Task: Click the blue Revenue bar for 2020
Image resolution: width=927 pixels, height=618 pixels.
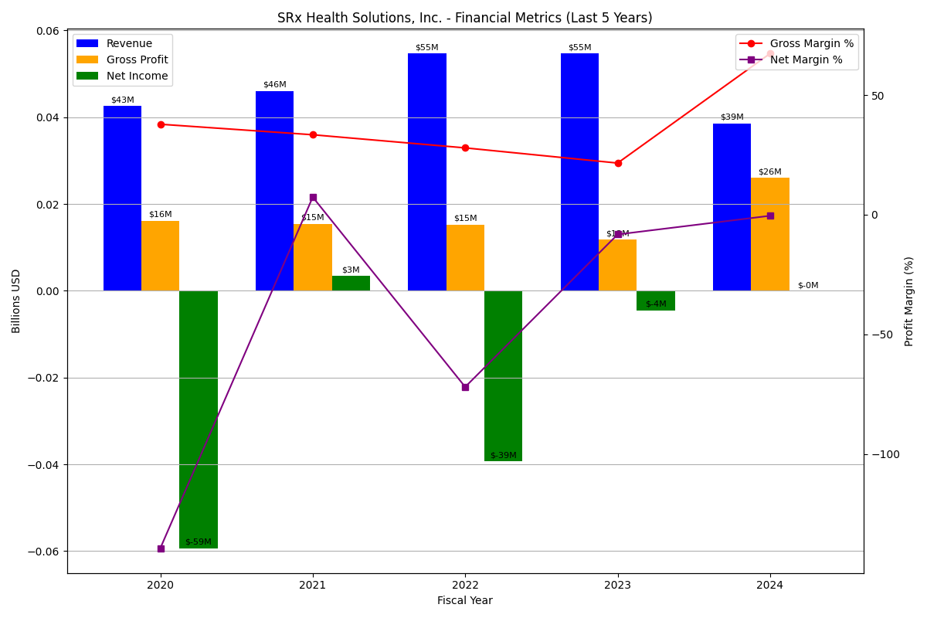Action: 122,199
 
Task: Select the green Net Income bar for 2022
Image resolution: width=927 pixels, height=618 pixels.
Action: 503,375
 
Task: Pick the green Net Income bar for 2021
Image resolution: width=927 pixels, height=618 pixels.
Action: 351,284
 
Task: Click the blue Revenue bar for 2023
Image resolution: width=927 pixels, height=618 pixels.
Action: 579,171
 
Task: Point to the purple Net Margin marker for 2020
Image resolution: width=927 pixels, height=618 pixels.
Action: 161,548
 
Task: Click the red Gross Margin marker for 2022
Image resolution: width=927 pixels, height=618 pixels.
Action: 465,148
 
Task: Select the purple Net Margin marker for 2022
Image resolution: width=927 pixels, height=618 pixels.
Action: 465,387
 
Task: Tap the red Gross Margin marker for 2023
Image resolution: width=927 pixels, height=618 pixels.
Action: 618,163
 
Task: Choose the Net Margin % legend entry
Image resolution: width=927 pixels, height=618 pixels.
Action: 806,60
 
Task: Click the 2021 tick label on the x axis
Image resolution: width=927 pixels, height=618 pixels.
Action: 313,586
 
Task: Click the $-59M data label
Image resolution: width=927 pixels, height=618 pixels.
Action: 199,542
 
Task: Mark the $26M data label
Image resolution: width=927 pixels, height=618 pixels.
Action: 770,172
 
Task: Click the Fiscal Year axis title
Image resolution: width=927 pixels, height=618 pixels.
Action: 465,601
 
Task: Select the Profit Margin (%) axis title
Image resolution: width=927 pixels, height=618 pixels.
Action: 909,301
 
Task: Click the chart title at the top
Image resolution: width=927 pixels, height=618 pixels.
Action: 465,18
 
